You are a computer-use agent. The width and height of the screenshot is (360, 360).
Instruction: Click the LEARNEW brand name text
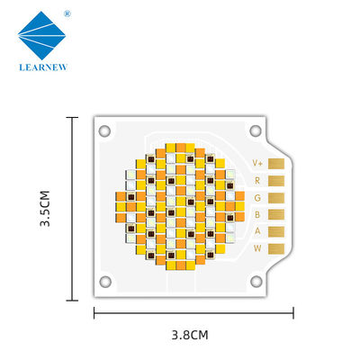point(43,67)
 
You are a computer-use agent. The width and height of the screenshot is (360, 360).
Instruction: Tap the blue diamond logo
point(41,35)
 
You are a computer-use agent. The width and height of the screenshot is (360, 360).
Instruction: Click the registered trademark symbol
point(67,13)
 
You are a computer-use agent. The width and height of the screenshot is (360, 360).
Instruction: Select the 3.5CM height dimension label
point(45,208)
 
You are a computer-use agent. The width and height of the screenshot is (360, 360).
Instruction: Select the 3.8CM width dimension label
point(190,335)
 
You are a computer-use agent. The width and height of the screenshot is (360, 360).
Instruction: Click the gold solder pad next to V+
point(276,164)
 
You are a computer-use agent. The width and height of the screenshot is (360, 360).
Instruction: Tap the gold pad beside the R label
point(276,181)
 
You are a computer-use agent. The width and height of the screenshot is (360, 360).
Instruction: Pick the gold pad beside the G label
point(276,198)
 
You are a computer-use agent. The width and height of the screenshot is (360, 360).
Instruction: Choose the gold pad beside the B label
point(276,214)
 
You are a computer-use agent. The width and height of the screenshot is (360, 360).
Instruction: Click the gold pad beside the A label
point(276,231)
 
